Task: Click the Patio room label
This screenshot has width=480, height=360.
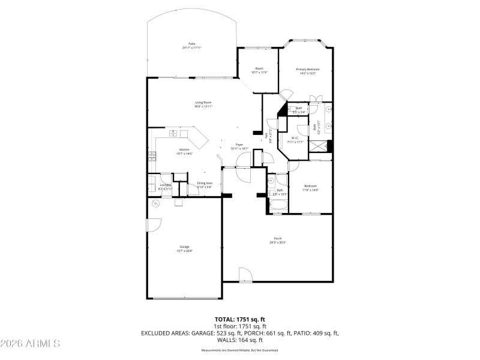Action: (x=192, y=45)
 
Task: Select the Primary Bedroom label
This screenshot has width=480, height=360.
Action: (x=307, y=71)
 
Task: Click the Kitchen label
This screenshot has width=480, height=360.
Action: (x=184, y=151)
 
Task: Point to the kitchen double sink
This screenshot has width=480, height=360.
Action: (x=173, y=133)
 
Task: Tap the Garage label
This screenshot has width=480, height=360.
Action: (x=184, y=248)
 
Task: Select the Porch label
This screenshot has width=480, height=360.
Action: (x=278, y=240)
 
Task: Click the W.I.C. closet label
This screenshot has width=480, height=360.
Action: (x=295, y=140)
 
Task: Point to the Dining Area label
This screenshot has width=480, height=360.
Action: (x=205, y=185)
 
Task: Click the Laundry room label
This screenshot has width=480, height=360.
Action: (x=165, y=187)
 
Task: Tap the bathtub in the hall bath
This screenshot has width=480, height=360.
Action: (x=278, y=207)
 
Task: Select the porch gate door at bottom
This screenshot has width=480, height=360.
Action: (x=245, y=275)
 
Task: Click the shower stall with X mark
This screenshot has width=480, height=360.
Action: (x=328, y=146)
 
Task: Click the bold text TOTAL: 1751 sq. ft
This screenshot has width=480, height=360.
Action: (x=240, y=319)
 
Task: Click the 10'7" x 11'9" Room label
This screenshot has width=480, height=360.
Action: (x=259, y=71)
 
